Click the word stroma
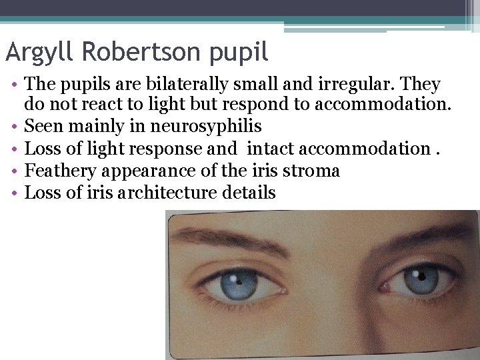point(313,171)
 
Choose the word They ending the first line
point(421,85)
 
